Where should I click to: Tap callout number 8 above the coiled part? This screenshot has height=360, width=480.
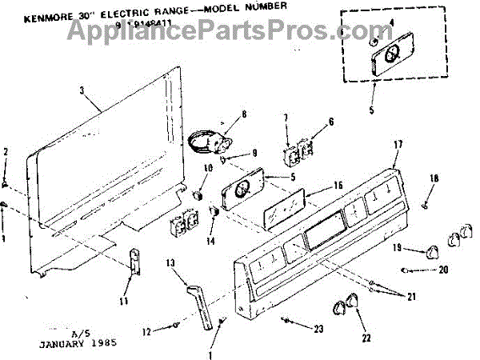tap(221, 114)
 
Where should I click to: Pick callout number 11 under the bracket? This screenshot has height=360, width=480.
tap(122, 301)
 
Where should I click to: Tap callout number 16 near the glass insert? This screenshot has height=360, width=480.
tap(338, 186)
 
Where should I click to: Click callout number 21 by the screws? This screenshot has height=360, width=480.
tap(412, 297)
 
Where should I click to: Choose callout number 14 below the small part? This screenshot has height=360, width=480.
tap(210, 240)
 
